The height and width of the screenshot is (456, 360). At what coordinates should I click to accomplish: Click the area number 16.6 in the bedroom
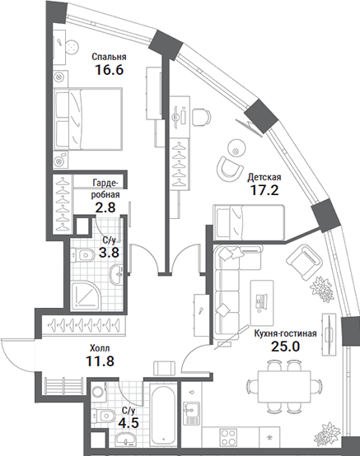point(109,70)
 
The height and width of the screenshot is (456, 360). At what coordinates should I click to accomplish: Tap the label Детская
point(264,177)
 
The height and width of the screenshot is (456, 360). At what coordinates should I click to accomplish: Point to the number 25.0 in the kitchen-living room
point(285,346)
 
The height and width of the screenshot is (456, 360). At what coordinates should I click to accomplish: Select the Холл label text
point(100,348)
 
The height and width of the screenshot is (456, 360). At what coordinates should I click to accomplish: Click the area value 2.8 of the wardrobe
point(105,207)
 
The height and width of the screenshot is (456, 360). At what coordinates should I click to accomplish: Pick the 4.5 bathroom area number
point(129,422)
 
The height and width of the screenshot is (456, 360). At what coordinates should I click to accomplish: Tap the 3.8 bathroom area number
point(109,252)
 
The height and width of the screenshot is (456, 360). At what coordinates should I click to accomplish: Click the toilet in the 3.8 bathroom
point(82,255)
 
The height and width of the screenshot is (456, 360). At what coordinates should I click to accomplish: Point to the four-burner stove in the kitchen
point(228,437)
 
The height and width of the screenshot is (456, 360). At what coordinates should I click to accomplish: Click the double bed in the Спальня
point(87,119)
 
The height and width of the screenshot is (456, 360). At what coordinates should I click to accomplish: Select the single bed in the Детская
point(249,222)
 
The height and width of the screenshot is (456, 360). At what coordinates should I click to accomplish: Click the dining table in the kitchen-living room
point(284,386)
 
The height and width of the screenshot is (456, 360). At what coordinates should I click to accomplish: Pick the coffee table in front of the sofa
point(262,303)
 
